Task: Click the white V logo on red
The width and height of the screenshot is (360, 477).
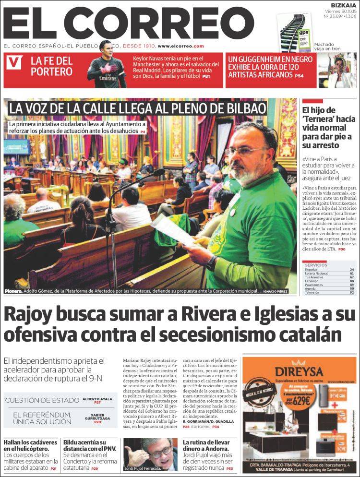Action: coord(15,62)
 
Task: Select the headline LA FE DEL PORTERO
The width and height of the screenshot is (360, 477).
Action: coord(51,66)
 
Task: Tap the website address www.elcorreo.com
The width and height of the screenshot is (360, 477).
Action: coord(181,46)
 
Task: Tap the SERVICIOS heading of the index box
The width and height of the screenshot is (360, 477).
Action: coord(315,265)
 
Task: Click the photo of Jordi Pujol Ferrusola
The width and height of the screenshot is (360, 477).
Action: coord(150,454)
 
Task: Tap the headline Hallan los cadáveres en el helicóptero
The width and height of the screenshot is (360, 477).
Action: coord(30,445)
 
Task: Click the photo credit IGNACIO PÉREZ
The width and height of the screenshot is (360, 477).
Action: coord(275,291)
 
